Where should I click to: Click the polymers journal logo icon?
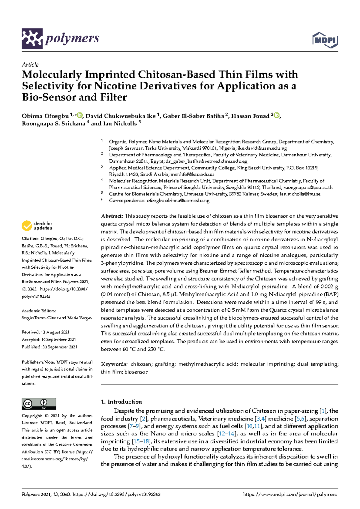[x=32, y=39]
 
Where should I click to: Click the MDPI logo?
[x=325, y=40]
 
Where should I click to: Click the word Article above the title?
[x=30, y=65]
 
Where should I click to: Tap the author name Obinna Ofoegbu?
[x=45, y=116]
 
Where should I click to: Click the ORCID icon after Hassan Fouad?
[x=277, y=115]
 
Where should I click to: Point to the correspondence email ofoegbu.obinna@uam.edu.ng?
[x=178, y=201]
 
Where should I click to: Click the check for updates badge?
[x=37, y=226]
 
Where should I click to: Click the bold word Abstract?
[x=112, y=216]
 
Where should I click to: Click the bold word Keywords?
[x=114, y=364]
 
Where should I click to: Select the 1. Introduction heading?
[x=121, y=402]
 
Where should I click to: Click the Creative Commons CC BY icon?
[x=39, y=404]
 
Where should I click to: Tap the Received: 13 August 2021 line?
[x=45, y=332]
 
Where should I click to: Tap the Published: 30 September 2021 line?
[x=49, y=347]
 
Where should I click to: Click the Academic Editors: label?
[x=39, y=311]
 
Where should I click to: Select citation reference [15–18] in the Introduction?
[x=142, y=441]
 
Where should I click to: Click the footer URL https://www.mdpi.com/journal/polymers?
[x=290, y=495]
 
